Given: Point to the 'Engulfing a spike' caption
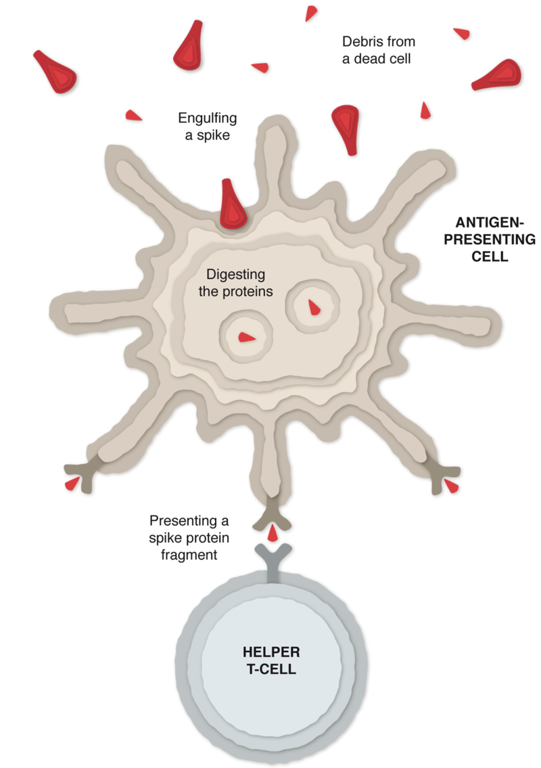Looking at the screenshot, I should click(208, 127).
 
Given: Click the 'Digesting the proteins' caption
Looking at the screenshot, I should click(236, 284).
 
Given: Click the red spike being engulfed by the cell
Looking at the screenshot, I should click(233, 203).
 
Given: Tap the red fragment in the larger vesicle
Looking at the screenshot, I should click(314, 308).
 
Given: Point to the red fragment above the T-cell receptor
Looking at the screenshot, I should click(271, 535).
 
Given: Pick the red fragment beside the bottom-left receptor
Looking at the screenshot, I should click(72, 484).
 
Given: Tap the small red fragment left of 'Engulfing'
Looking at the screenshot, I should click(135, 116).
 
